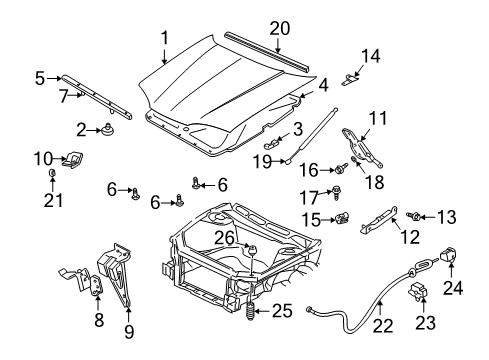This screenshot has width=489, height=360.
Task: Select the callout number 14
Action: click(370, 56)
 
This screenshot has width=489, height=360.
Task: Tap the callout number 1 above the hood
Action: click(164, 37)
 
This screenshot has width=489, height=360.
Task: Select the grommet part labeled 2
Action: click(105, 128)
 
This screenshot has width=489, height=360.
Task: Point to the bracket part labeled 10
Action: click(72, 160)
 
